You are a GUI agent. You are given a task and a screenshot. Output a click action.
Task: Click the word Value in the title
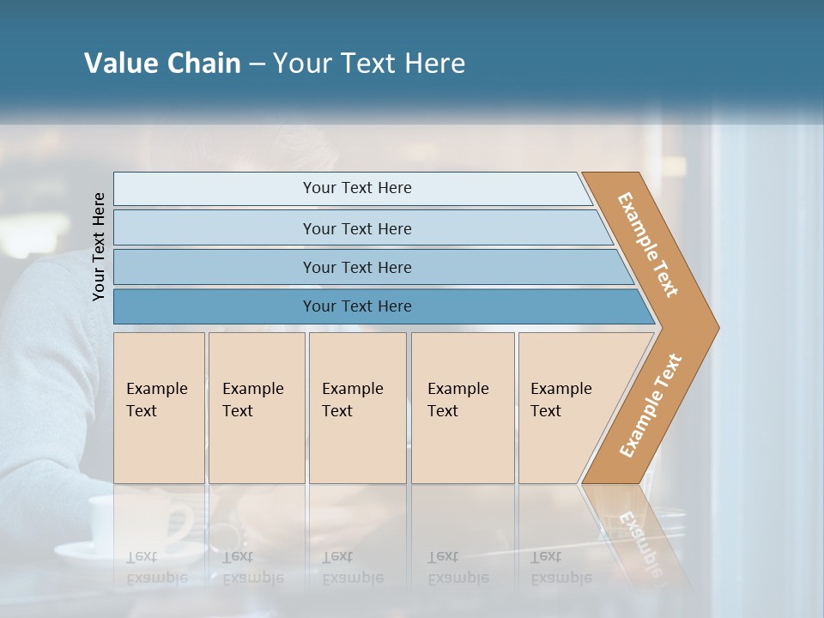point(119,64)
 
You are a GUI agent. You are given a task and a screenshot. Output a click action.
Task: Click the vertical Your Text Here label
point(99,246)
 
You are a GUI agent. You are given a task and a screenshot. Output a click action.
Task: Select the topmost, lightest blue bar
point(356,188)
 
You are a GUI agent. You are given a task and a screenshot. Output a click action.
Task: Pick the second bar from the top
point(356,228)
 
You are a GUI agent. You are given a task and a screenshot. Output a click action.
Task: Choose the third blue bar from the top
point(356,267)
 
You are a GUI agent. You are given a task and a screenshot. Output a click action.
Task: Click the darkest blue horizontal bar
point(356,306)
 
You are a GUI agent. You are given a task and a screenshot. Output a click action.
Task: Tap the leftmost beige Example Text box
point(159,408)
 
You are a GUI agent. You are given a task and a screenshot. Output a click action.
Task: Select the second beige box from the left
point(257,408)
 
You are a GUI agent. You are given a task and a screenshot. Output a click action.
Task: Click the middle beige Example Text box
point(357,408)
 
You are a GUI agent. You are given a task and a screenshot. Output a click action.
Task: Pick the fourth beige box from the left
point(463,408)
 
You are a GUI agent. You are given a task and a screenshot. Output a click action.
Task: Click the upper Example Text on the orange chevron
point(649,245)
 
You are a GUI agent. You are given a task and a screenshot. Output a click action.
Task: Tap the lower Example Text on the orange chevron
point(651,405)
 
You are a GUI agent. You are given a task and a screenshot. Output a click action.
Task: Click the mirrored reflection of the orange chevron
point(635,532)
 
